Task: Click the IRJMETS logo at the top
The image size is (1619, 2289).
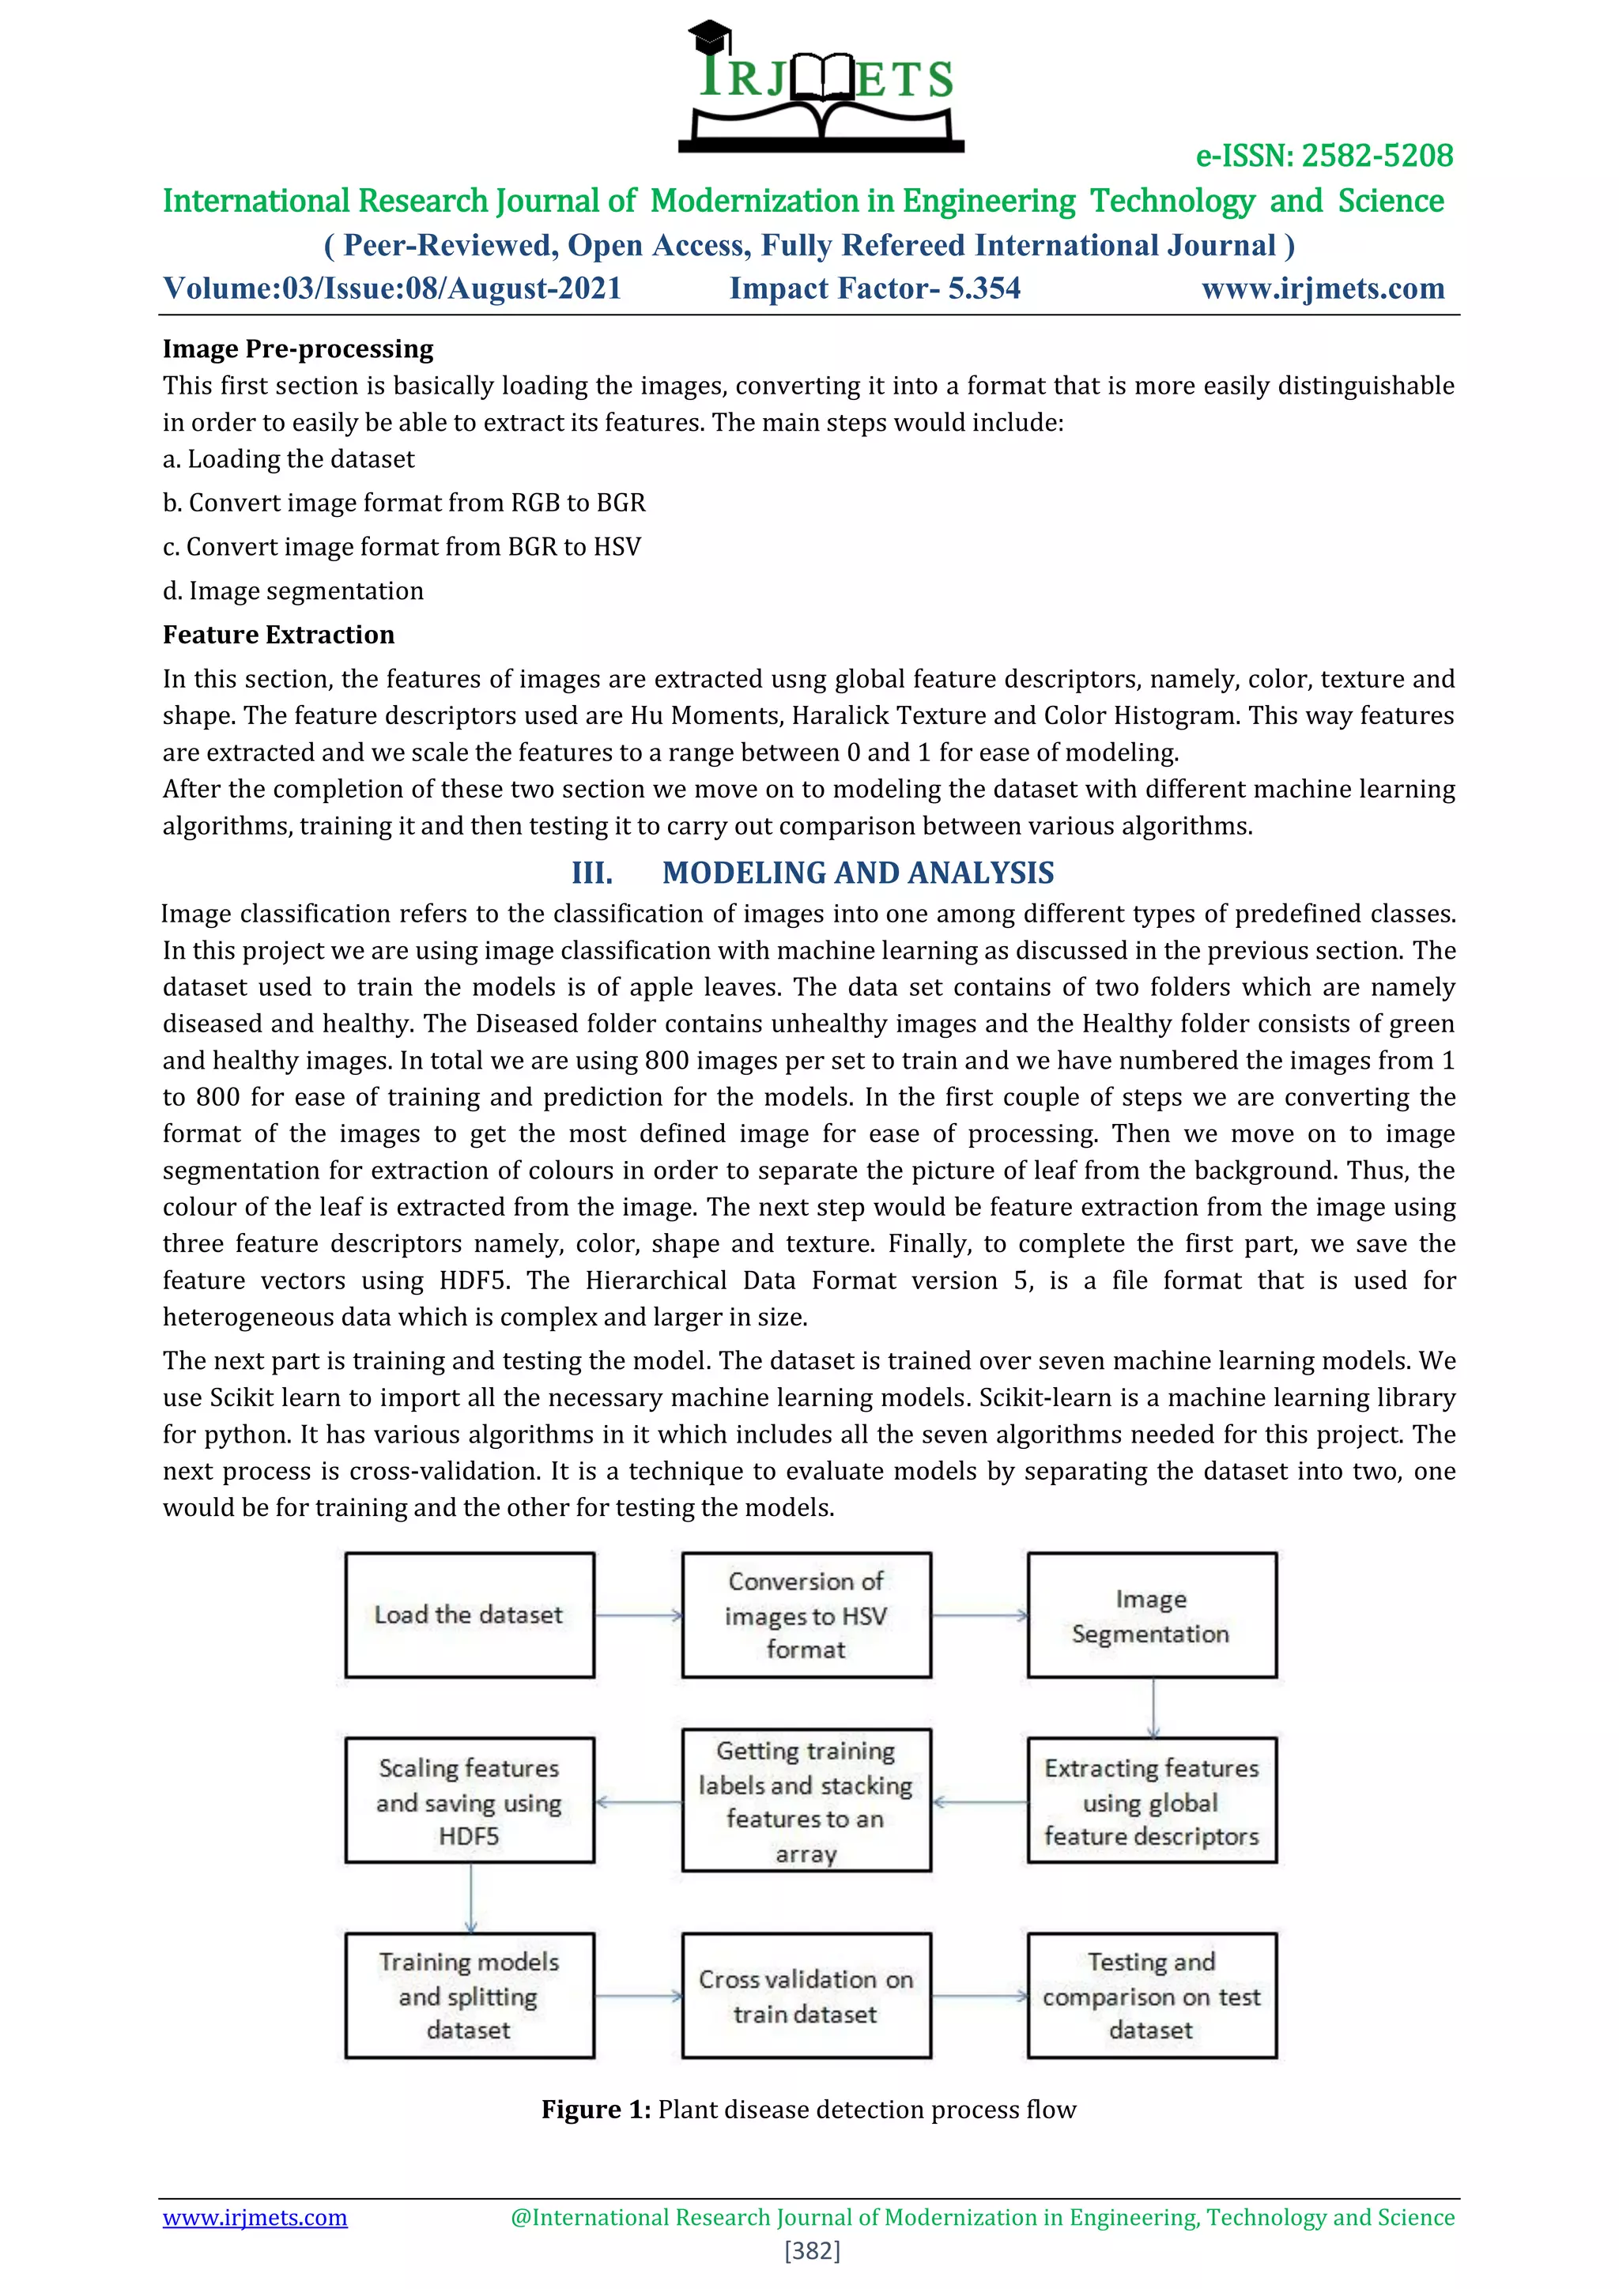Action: (821, 88)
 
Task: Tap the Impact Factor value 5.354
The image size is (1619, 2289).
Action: (984, 288)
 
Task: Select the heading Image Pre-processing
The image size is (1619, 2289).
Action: (298, 349)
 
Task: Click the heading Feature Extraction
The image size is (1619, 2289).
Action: (278, 635)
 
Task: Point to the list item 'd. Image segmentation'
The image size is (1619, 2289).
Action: (293, 591)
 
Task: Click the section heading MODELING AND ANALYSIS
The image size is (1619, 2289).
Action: (858, 873)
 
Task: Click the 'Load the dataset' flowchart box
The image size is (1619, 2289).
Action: (470, 1614)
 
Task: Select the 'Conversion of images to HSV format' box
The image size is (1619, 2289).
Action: (806, 1614)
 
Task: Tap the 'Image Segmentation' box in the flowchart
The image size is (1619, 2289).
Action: (1152, 1614)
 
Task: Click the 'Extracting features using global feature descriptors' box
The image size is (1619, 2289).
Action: (1152, 1801)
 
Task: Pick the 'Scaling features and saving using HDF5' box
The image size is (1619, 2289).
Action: (470, 1801)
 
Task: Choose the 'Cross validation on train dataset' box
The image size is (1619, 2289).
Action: (806, 1995)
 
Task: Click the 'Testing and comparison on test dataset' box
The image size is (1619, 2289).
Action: (1152, 1995)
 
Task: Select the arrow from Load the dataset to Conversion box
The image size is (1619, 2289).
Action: (638, 1615)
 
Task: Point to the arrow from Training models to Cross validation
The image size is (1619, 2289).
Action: (638, 1996)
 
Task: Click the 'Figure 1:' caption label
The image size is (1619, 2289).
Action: (595, 2110)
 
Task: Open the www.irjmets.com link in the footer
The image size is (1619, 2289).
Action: (255, 2217)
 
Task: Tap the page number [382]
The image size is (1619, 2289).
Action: (812, 2250)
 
